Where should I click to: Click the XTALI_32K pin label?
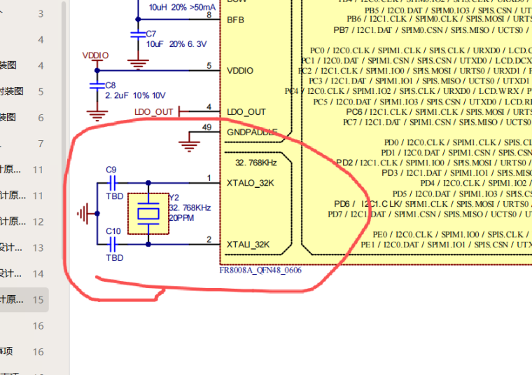tap(248, 245)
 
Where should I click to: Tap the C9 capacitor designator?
tap(111, 170)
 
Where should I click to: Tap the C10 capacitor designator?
tap(113, 231)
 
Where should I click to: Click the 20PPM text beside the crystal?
tap(182, 217)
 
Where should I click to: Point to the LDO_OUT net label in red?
tap(153, 112)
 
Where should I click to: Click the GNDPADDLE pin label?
tap(252, 132)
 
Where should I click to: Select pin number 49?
tap(206, 127)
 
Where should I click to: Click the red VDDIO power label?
tap(96, 55)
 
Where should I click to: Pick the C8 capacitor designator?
tap(111, 85)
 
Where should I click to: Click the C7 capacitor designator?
tap(151, 34)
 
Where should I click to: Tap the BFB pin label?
tap(236, 20)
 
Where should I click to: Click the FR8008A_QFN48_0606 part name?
tap(261, 270)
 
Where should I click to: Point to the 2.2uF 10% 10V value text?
tap(135, 95)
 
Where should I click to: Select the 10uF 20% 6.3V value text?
tap(176, 43)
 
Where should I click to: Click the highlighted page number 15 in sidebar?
tap(38, 299)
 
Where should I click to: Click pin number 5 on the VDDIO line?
tap(209, 66)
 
